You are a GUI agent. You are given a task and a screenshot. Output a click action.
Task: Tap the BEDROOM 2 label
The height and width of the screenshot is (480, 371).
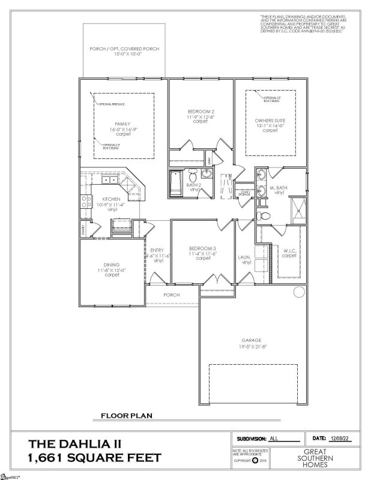pyautogui.click(x=200, y=112)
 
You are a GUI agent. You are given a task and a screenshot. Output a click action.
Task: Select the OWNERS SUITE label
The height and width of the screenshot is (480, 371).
pyautogui.click(x=266, y=120)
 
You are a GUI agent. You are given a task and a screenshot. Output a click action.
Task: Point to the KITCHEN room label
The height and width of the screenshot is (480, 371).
pyautogui.click(x=111, y=199)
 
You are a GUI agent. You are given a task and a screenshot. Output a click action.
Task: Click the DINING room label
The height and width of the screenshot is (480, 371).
pyautogui.click(x=112, y=265)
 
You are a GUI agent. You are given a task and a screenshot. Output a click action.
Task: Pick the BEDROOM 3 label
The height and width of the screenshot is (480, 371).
pyautogui.click(x=202, y=248)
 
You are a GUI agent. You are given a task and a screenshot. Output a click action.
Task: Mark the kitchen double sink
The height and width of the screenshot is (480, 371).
pyautogui.click(x=110, y=180)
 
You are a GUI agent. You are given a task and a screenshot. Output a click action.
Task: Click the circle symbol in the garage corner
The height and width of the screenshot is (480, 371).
pyautogui.click(x=298, y=292)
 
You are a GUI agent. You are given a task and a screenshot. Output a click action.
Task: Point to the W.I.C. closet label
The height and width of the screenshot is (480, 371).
pyautogui.click(x=289, y=253)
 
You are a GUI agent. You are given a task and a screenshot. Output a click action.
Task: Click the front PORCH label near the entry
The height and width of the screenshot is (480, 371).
pyautogui.click(x=172, y=295)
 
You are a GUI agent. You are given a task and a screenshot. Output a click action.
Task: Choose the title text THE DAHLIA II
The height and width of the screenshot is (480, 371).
pyautogui.click(x=75, y=444)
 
